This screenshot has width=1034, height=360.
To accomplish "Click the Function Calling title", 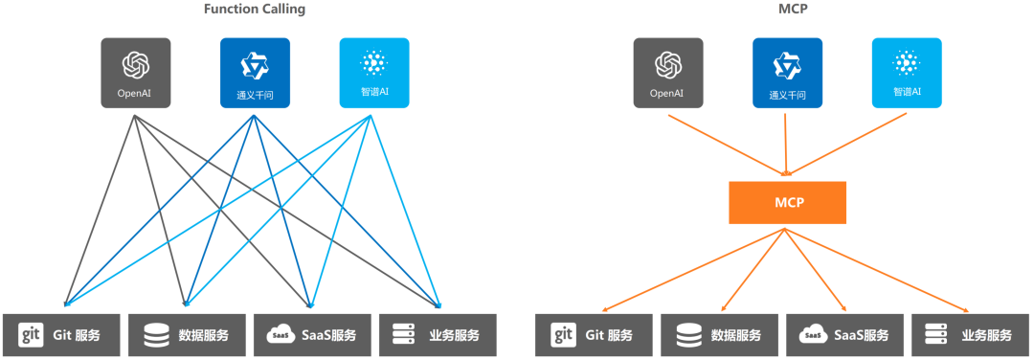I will click(x=254, y=10).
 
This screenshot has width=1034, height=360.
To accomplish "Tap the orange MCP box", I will click(x=787, y=203).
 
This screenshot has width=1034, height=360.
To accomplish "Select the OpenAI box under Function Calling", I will click(x=136, y=73).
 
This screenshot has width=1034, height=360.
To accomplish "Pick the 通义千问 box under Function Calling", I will click(x=255, y=73).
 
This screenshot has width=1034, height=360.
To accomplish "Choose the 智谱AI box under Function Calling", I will click(x=373, y=73).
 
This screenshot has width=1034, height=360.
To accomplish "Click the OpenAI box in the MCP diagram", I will click(x=667, y=73).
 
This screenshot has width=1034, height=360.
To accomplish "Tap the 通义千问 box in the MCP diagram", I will click(x=787, y=73).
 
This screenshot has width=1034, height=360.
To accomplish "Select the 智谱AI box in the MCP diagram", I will click(x=906, y=73).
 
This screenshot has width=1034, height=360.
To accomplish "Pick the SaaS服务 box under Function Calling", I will click(x=313, y=335).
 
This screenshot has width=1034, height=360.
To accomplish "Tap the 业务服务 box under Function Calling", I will click(x=438, y=335).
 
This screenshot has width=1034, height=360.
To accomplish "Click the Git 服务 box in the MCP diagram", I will click(x=593, y=335).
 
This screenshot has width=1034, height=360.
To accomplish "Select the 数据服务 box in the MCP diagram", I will click(x=719, y=335).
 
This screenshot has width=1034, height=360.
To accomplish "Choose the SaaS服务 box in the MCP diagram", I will click(x=845, y=335).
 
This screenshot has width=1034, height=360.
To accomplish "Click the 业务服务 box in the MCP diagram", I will click(x=971, y=335).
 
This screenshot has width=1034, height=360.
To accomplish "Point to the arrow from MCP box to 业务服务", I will click(x=881, y=268).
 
